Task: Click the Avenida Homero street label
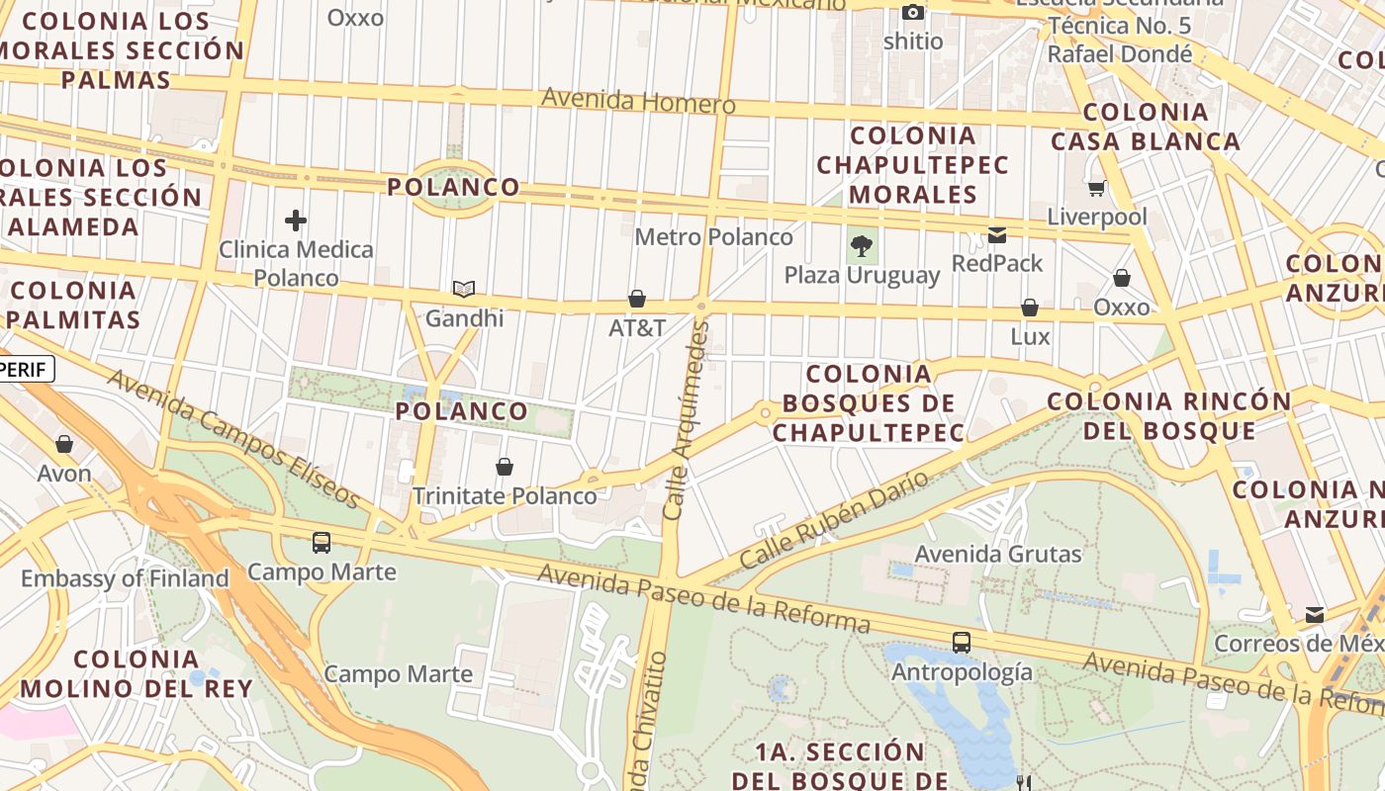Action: coord(638,101)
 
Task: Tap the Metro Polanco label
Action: coord(713,237)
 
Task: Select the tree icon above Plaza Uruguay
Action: coord(862,246)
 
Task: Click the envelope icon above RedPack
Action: coord(997,235)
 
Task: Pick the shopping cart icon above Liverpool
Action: coord(1096,188)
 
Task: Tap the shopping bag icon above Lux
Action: coord(1030,308)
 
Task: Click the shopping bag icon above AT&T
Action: coord(637,299)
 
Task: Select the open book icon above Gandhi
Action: coord(464,290)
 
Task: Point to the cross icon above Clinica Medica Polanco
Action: coord(295,220)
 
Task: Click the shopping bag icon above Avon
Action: coord(64,444)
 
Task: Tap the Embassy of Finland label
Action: coord(125,578)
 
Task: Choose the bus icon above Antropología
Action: coord(961,643)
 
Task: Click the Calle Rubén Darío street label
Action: coord(835,519)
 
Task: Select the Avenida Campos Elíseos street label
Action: coord(233,438)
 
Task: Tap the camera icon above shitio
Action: coord(913,13)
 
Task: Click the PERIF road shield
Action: coord(25,369)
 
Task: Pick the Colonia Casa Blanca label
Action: coord(1146,127)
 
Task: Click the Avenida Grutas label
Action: coord(998,554)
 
